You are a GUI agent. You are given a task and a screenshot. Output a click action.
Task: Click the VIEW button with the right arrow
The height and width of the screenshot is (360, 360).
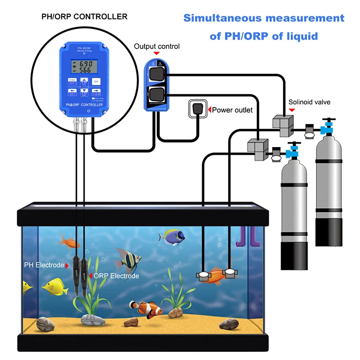pos(96,92)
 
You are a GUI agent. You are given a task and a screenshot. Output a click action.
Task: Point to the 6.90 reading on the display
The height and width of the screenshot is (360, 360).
pos(86,64)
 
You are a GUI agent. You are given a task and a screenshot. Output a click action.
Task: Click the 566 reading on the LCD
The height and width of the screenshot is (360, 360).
pos(86,70)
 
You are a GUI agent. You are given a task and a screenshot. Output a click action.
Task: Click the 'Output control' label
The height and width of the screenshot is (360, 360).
pos(157,46)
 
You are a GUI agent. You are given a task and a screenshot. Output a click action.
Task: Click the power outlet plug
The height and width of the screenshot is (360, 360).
pos(197,109)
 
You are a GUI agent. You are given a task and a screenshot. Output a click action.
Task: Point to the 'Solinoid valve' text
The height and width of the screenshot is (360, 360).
pos(310,102)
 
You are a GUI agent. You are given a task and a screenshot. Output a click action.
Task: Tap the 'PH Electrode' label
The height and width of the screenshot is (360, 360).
pos(44,265)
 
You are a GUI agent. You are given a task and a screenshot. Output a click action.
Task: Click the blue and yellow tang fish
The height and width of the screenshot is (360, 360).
pos(173,235)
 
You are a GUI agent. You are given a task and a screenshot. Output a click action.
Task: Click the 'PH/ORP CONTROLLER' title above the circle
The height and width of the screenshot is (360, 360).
pos(84,17)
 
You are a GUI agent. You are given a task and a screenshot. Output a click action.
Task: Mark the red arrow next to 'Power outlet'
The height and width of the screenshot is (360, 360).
pos(209,109)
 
